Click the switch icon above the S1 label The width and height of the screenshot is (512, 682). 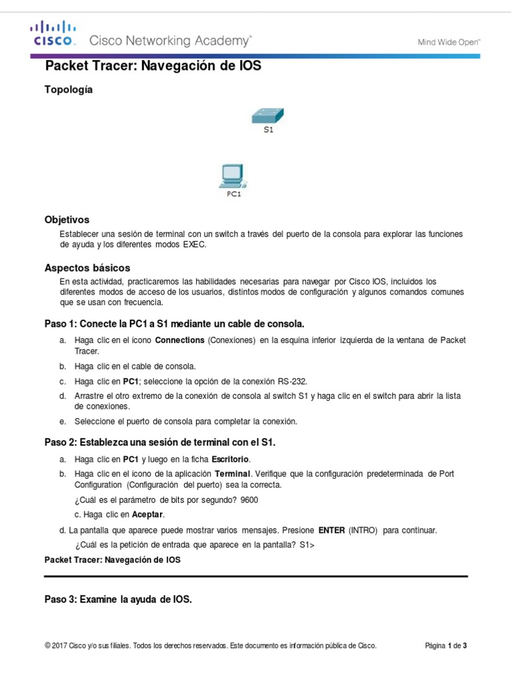[x=269, y=115]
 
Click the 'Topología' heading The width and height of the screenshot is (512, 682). [x=68, y=89]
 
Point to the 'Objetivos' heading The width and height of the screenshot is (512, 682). [x=67, y=219]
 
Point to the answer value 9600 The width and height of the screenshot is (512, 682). [x=249, y=500]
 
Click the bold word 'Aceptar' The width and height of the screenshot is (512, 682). [x=147, y=515]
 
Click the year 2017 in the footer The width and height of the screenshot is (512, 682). [x=61, y=646]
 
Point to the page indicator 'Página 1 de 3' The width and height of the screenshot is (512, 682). [x=445, y=646]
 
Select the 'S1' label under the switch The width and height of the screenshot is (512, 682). [x=268, y=131]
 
